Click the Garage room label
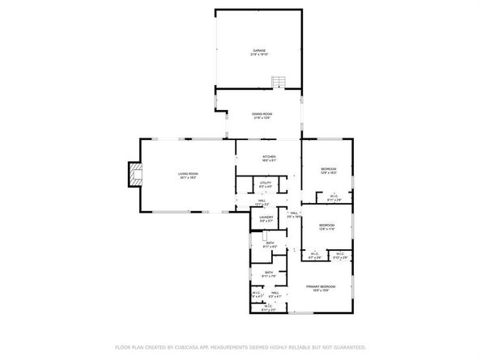(x=258, y=52)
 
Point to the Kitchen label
(x=269, y=158)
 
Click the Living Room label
(x=188, y=175)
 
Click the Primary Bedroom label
(x=321, y=288)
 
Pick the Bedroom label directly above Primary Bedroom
(x=326, y=226)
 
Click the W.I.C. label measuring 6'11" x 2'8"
(x=334, y=197)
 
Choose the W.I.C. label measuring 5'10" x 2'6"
(x=340, y=256)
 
